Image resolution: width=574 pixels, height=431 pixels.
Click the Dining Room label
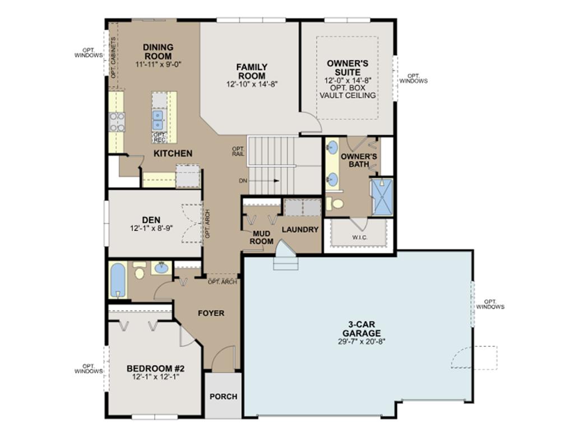(x=158, y=52)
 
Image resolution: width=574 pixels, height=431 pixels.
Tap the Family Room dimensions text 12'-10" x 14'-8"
(x=252, y=84)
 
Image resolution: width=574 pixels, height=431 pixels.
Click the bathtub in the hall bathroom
(x=118, y=281)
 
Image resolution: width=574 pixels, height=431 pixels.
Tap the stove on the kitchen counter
(x=117, y=122)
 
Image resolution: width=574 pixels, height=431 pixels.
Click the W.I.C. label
(x=360, y=237)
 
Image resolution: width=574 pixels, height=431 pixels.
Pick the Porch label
(x=223, y=396)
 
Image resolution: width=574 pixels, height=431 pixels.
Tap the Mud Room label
(x=262, y=237)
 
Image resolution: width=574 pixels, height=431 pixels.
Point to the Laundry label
(x=300, y=230)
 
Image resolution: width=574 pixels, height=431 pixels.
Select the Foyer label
(x=211, y=313)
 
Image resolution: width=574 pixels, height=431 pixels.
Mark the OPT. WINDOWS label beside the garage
(x=490, y=304)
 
